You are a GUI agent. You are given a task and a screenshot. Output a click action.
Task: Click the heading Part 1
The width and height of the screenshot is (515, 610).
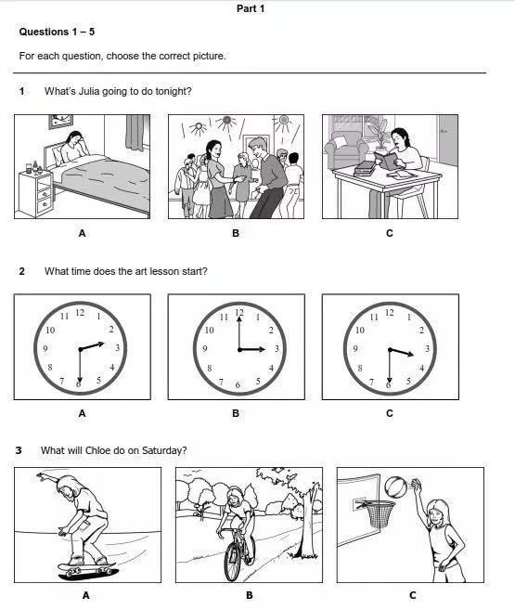251,8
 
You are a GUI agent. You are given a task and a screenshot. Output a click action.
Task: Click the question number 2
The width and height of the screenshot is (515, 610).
21,271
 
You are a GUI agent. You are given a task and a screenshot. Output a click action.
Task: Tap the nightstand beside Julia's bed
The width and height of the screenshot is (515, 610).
36,193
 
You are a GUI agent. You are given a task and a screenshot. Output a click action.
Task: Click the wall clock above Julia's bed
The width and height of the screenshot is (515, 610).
61,121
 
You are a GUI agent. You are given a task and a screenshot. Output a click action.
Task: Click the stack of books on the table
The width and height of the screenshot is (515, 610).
364,168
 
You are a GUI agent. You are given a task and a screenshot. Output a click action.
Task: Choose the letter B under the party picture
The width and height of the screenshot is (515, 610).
236,233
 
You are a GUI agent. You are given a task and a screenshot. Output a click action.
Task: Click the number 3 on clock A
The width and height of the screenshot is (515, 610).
117,348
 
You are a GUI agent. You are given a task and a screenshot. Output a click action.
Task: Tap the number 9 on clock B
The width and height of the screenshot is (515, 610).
205,348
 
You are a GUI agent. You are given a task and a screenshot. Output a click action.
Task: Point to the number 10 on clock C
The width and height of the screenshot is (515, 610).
360,331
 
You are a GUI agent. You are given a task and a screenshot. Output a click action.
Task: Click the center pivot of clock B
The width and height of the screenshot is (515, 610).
239,350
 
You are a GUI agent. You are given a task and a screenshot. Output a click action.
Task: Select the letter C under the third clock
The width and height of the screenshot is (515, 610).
390,413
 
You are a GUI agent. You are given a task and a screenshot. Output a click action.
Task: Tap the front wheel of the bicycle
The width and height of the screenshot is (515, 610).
232,562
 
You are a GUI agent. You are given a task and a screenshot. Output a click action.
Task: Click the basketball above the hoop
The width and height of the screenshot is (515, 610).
396,487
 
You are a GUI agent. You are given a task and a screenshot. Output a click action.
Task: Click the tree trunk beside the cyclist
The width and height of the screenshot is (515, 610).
307,521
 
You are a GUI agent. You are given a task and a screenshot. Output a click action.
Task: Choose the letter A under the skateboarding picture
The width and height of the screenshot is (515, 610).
86,595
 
